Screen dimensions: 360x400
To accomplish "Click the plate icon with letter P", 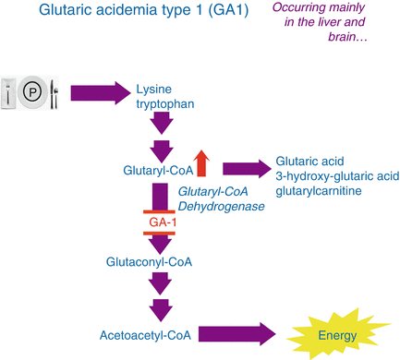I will tap(33, 91).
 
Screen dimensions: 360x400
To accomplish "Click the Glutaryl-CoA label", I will tap(155, 170).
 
